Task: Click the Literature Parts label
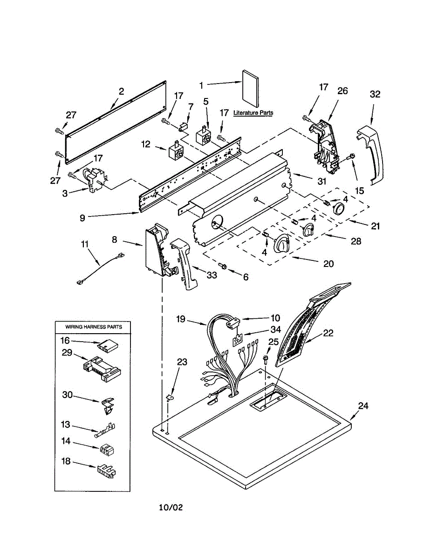click(x=253, y=112)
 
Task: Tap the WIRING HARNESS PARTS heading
click(x=93, y=327)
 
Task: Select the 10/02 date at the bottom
click(x=171, y=507)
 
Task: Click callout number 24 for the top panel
click(x=363, y=406)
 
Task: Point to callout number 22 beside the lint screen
click(x=328, y=333)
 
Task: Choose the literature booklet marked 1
click(x=251, y=88)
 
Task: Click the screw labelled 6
click(x=222, y=266)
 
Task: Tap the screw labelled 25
click(x=265, y=359)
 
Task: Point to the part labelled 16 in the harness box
click(x=108, y=345)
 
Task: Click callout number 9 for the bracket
click(x=82, y=218)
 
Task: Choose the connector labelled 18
click(x=106, y=471)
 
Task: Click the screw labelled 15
click(x=351, y=156)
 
